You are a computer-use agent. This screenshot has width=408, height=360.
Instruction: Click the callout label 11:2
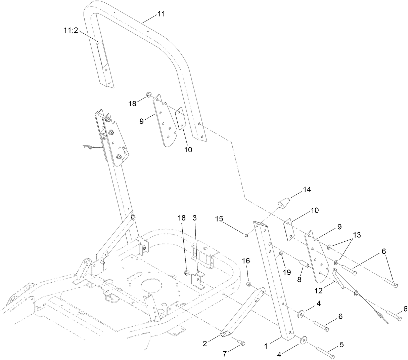click(x=71, y=30)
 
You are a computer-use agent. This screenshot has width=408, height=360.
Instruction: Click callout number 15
click(x=219, y=219)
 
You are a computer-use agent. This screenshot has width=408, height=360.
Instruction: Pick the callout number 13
click(x=357, y=235)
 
